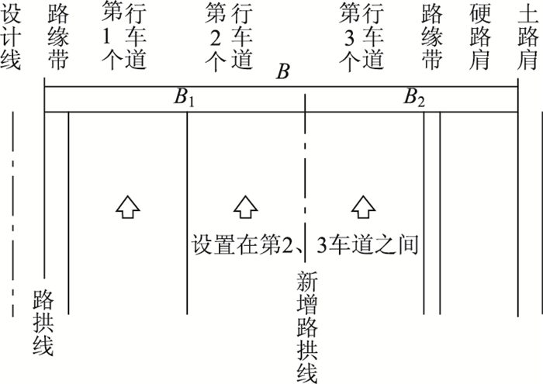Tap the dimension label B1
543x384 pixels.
(x=184, y=99)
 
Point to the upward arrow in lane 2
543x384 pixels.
(x=244, y=206)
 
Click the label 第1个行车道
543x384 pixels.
(x=123, y=36)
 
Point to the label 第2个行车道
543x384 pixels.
(x=230, y=36)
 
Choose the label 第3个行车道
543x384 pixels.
(x=362, y=36)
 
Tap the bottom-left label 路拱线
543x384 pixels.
(x=43, y=323)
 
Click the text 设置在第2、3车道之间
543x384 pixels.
(x=305, y=245)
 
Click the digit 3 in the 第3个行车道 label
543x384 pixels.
(x=351, y=36)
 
